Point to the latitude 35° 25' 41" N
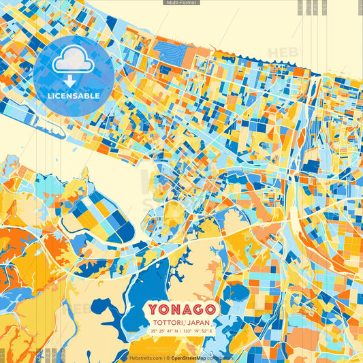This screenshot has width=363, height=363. [163, 332]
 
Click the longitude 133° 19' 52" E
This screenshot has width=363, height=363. [198, 332]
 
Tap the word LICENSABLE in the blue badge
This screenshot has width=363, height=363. [73, 96]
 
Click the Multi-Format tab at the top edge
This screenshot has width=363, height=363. [182, 3]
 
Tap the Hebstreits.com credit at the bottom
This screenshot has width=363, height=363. [144, 358]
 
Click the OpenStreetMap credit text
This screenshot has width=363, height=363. [191, 358]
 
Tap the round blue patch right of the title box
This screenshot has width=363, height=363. [236, 292]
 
